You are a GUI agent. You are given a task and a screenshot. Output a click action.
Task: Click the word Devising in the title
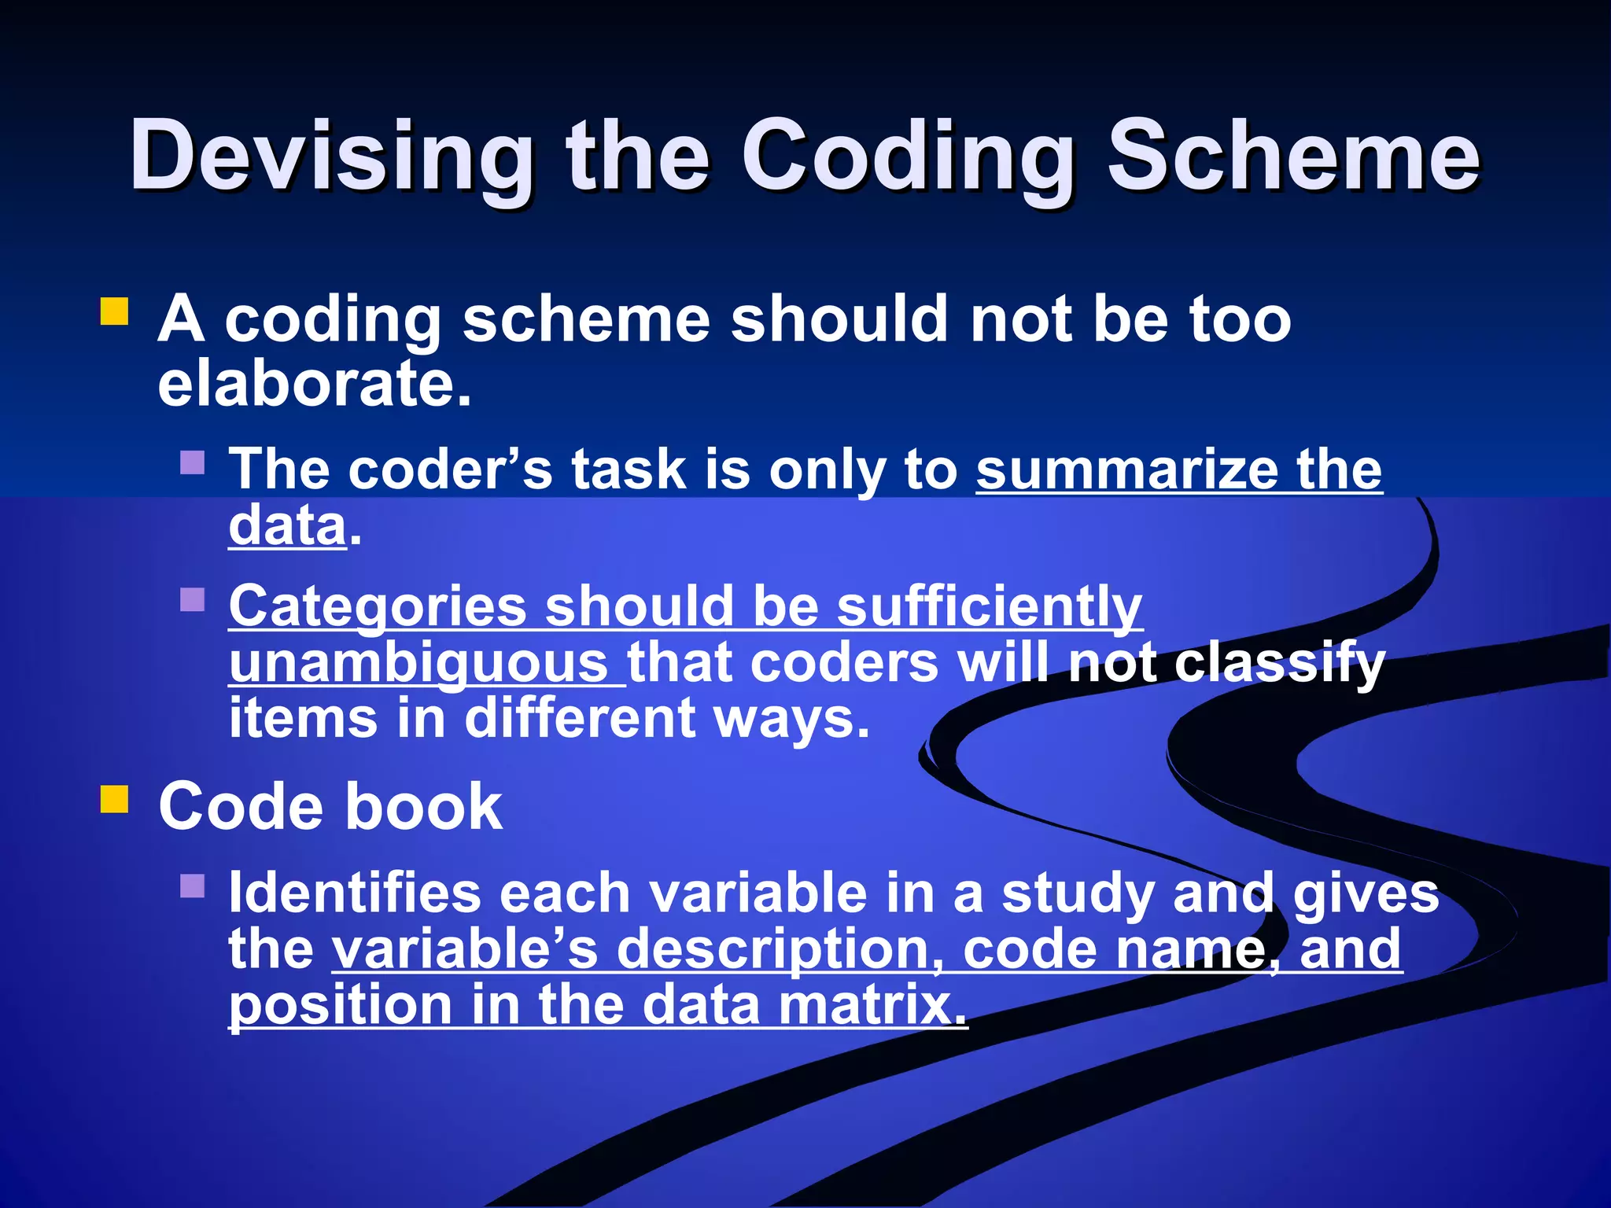(x=330, y=157)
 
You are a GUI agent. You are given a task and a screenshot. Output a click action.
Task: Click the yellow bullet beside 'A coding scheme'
(x=114, y=311)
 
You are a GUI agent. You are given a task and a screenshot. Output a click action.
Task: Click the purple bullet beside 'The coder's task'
(x=192, y=462)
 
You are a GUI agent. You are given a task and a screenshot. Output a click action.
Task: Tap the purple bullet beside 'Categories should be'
(x=192, y=599)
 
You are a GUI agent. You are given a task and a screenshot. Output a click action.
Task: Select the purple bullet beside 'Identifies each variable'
(x=192, y=886)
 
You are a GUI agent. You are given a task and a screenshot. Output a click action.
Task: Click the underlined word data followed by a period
(x=287, y=525)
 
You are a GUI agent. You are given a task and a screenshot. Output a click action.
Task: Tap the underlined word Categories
(x=378, y=607)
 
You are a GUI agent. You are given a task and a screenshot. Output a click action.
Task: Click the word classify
(x=1278, y=663)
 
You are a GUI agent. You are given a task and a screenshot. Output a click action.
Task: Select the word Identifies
(x=354, y=893)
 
